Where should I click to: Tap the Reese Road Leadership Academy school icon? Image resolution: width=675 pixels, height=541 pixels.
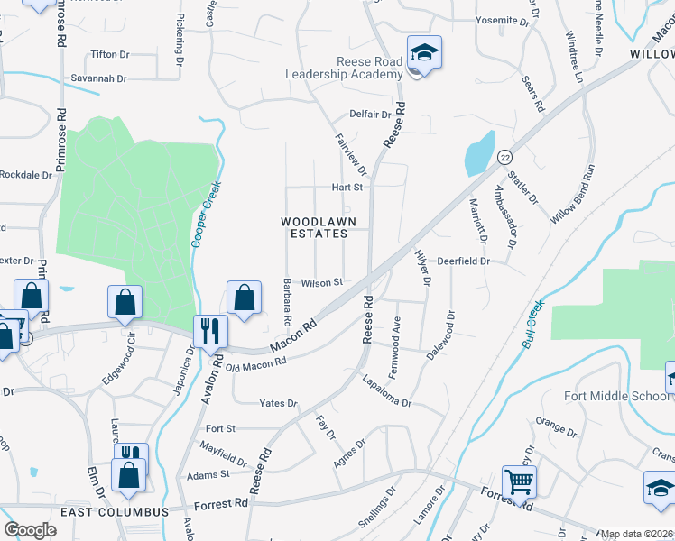click(x=422, y=52)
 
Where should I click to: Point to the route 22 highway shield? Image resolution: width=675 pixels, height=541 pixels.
click(x=505, y=157)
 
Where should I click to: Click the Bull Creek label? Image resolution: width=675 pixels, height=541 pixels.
click(x=533, y=325)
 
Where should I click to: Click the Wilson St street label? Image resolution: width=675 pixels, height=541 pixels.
click(x=322, y=282)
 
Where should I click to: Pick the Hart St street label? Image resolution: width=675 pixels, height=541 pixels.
click(x=347, y=188)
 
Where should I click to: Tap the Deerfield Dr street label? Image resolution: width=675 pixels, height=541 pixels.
click(x=463, y=261)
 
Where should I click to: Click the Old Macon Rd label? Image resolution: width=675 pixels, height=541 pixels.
click(x=256, y=363)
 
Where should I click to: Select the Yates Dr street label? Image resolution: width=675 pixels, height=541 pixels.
click(x=278, y=403)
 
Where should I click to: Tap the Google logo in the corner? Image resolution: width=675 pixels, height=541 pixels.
click(x=30, y=530)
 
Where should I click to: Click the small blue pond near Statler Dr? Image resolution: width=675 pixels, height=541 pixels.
click(x=479, y=154)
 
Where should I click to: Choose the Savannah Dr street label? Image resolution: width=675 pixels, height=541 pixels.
click(x=99, y=79)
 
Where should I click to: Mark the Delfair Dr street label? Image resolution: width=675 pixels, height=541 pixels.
click(x=371, y=115)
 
